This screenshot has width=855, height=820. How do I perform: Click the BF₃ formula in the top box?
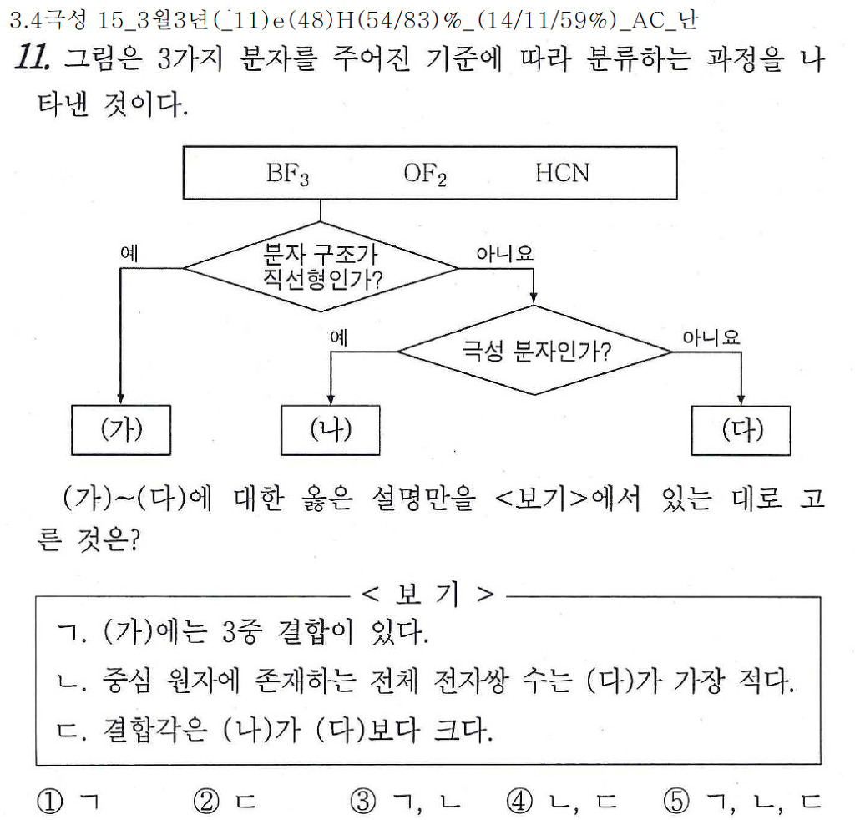pos(287,175)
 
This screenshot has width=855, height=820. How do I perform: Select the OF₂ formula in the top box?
pos(425,175)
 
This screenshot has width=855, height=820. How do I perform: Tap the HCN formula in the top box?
pos(562,173)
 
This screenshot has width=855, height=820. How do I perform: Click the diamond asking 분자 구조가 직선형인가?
pos(321,266)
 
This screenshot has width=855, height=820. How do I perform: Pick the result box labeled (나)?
pos(331,429)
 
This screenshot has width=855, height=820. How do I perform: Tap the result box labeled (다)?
pos(741,429)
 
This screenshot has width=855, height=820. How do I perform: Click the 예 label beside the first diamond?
pos(129,254)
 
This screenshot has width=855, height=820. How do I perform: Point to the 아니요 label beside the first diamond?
pos(504,253)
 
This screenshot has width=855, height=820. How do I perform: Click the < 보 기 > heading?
pos(427,595)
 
